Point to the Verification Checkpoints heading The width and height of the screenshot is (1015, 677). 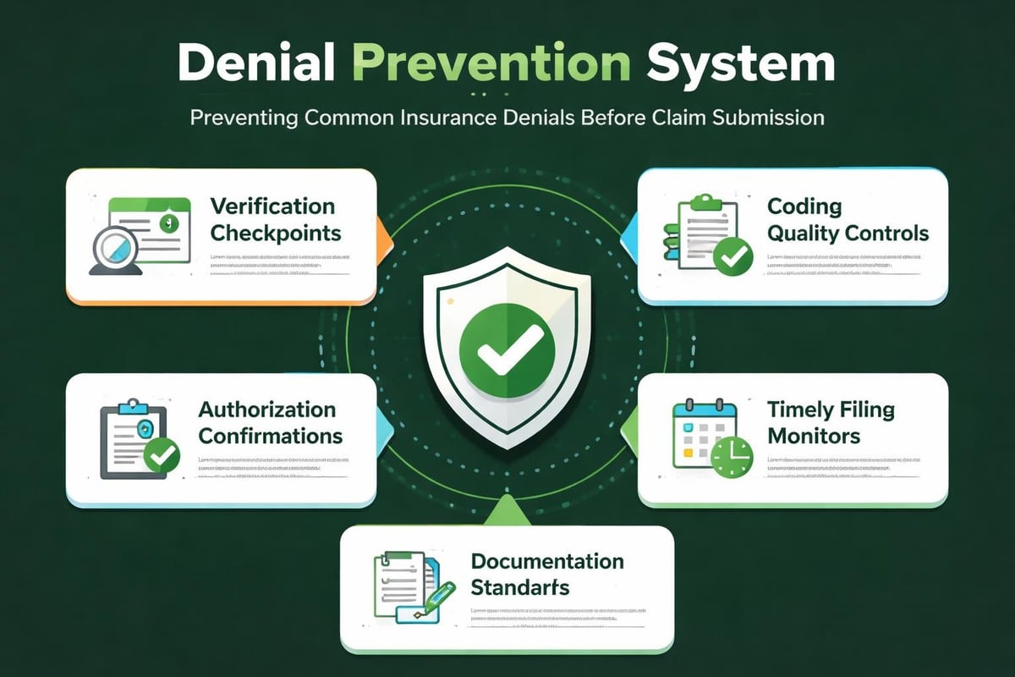point(272,219)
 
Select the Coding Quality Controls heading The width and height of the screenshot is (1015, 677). point(847,219)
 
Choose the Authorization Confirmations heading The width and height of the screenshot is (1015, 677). point(270,423)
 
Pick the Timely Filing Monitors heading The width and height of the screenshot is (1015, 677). point(830,423)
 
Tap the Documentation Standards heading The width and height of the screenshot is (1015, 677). point(546,574)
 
